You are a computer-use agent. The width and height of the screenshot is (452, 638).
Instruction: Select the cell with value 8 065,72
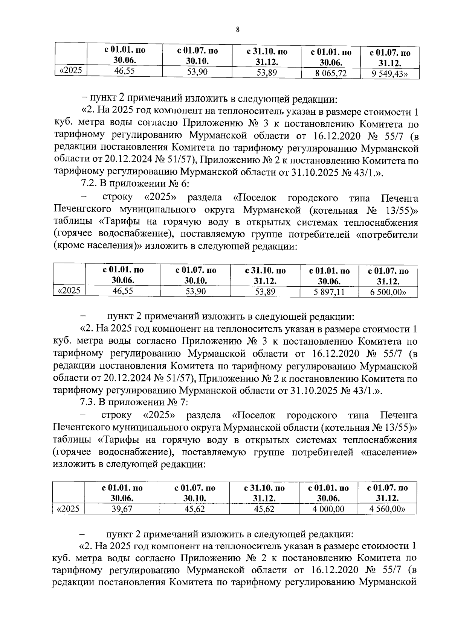point(331,73)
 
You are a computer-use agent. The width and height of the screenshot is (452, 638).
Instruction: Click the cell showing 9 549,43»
point(390,74)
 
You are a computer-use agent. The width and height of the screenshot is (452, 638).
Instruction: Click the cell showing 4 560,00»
point(387,509)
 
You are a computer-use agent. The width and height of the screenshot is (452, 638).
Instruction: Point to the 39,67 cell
point(122,509)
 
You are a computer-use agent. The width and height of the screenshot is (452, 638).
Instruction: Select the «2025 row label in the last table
point(68,509)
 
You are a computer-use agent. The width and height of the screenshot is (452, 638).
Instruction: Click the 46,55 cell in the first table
point(124,71)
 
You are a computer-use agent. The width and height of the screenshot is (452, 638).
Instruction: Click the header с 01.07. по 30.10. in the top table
point(197,56)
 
